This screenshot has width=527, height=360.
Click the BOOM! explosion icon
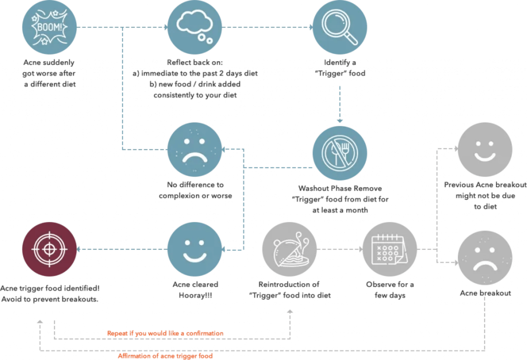[49, 27]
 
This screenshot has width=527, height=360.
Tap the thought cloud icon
[195, 27]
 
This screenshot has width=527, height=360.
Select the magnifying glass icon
[340, 27]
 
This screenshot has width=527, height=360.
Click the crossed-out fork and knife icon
[340, 153]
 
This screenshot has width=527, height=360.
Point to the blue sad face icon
[195, 150]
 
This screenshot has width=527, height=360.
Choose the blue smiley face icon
[195, 249]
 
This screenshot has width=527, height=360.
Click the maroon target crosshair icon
[49, 249]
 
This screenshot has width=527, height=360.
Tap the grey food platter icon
[289, 249]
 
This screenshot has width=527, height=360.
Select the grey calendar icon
[390, 249]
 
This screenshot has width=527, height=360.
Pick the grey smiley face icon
[485, 150]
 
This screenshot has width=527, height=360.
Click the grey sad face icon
[485, 258]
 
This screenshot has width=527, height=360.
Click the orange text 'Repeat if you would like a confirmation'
[165, 333]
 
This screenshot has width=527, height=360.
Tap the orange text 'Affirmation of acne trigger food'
[165, 356]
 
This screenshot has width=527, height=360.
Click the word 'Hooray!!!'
[195, 295]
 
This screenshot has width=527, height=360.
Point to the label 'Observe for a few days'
[390, 290]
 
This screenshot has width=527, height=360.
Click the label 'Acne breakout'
[485, 293]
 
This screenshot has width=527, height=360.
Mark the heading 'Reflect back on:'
[195, 62]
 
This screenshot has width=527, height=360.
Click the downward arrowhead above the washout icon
[340, 121]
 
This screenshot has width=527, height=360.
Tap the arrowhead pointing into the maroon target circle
[78, 249]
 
